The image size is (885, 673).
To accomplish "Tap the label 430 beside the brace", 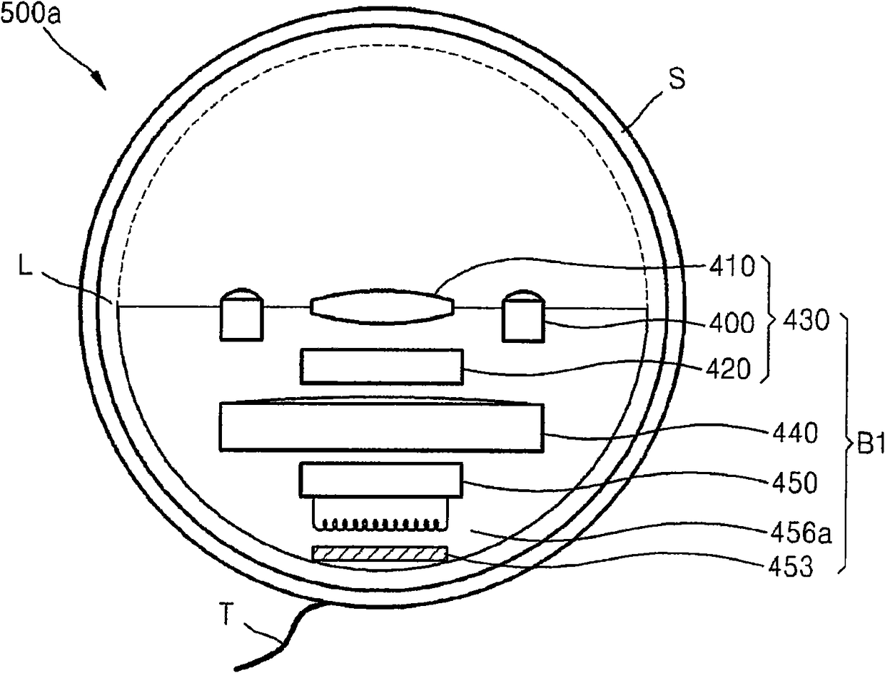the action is point(805,322).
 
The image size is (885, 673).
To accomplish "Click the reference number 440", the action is point(793,433).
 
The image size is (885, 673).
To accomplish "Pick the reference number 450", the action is point(793,483).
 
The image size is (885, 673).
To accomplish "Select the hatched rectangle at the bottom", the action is point(380,554).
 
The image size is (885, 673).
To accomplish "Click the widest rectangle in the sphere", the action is point(381,426).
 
